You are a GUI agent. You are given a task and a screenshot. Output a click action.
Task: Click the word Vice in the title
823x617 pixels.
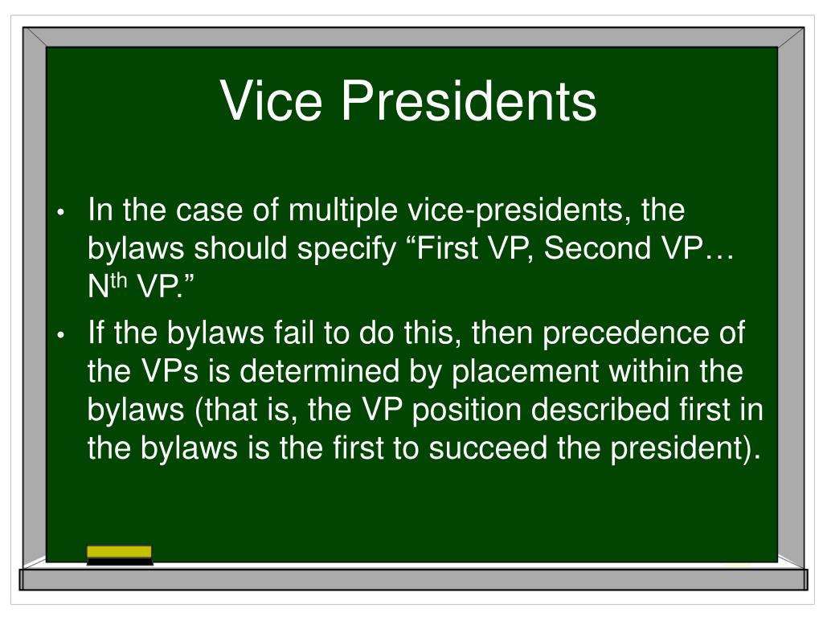click(271, 100)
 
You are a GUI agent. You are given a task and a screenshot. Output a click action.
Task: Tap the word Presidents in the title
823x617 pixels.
click(469, 100)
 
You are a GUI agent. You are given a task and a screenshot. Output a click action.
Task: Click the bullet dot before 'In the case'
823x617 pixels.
click(61, 213)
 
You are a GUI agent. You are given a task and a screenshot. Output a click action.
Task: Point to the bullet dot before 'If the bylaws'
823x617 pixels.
click(61, 335)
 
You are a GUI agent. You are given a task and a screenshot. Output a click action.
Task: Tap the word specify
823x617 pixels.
click(347, 249)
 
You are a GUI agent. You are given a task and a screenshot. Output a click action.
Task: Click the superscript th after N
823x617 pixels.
click(119, 280)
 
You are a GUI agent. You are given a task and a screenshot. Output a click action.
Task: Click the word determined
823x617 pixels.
click(320, 371)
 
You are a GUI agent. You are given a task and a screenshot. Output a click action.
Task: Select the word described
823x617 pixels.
click(600, 409)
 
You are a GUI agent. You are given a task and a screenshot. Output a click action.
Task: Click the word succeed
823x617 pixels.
click(488, 448)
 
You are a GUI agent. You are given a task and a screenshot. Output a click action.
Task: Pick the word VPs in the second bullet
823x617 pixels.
click(170, 371)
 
